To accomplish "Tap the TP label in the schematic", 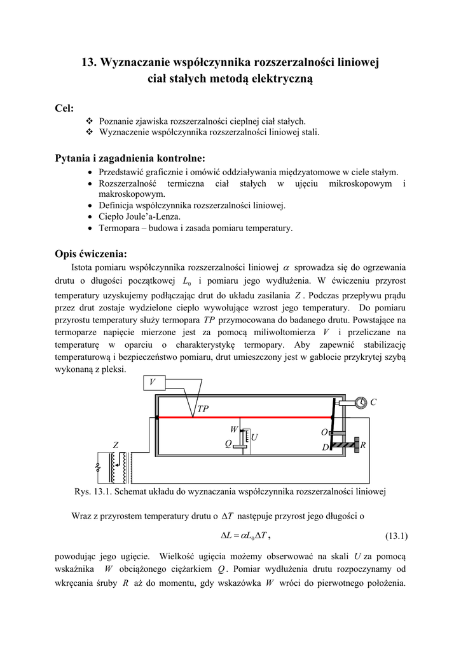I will [x=203, y=409].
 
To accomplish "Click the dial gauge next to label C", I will [x=361, y=402].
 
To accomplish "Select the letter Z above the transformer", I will [x=116, y=446].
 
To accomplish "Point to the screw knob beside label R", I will [x=357, y=445].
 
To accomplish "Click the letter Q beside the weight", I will [x=228, y=444].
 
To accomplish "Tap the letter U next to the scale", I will [x=254, y=438].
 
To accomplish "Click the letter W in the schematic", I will [x=233, y=430].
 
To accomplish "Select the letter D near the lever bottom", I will [x=325, y=448].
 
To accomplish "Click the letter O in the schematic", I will [x=324, y=432].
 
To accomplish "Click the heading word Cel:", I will [x=65, y=108].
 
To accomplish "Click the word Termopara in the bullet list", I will [x=120, y=229].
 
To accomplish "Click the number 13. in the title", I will [x=89, y=63].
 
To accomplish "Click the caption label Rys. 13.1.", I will [x=94, y=492].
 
